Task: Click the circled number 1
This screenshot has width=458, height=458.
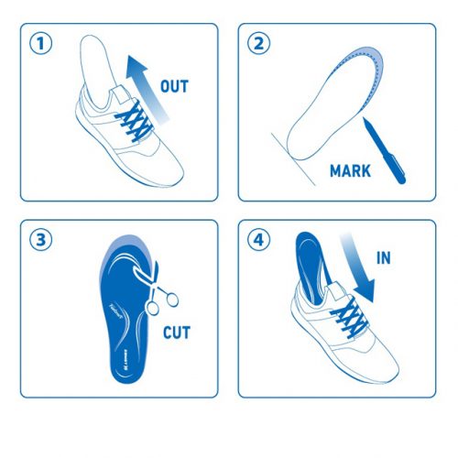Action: [x=38, y=42]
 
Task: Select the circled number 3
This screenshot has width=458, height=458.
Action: [x=38, y=240]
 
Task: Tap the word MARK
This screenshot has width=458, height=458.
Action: [x=350, y=170]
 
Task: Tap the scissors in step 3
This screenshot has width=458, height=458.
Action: [x=158, y=284]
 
